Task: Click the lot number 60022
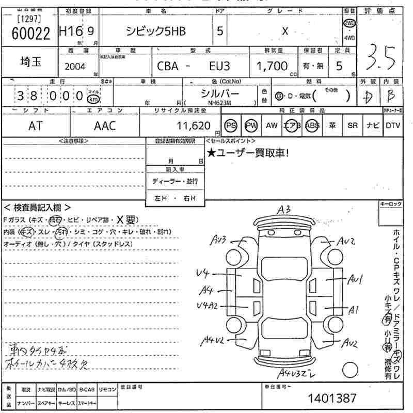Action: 31,34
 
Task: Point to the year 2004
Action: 76,66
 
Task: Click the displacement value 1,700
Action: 272,66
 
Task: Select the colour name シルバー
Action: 219,93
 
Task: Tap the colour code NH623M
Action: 219,103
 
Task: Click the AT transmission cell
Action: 35,125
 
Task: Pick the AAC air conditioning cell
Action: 104,125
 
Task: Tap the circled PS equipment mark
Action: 230,126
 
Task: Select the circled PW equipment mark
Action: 251,126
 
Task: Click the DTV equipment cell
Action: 393,126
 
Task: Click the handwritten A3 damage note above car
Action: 284,210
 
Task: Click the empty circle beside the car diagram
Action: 350,370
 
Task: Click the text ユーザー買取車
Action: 250,152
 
